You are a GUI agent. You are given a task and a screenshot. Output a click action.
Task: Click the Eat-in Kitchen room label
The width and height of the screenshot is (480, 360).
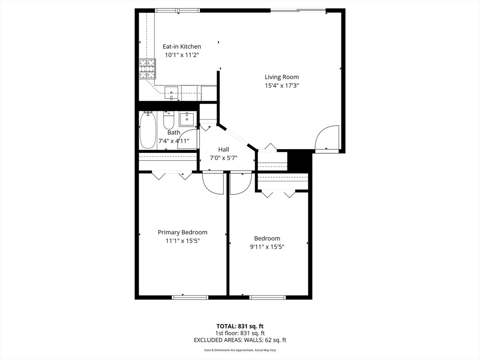click(182, 46)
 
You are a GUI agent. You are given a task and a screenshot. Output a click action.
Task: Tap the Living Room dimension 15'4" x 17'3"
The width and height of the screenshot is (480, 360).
click(282, 85)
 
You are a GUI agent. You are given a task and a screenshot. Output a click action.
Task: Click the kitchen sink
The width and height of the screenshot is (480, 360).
click(172, 93)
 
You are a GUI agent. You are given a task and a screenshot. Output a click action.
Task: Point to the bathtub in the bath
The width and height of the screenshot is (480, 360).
click(147, 130)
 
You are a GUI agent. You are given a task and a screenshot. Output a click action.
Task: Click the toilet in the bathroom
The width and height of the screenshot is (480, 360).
click(169, 121)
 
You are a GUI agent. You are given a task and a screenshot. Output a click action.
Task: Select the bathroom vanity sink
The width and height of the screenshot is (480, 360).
click(187, 119)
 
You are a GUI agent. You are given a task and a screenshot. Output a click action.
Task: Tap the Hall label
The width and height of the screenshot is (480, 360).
click(224, 149)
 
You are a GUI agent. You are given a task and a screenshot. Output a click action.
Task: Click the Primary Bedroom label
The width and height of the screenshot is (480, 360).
click(182, 232)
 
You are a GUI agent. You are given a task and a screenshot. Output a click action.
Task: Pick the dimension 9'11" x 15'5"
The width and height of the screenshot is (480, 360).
click(267, 247)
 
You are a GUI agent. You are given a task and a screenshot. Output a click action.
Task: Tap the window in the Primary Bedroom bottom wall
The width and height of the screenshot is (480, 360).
click(190, 297)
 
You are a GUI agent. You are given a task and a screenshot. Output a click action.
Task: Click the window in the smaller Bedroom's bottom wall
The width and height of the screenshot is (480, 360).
click(268, 297)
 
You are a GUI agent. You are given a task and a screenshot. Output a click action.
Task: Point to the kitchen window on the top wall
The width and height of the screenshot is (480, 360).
click(177, 10)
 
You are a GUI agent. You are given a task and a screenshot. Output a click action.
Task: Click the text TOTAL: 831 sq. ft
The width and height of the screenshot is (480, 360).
click(240, 326)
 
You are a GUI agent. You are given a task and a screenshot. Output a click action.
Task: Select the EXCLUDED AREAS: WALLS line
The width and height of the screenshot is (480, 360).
click(240, 340)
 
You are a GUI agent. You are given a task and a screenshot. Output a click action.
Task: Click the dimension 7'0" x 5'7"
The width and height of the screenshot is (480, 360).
click(224, 158)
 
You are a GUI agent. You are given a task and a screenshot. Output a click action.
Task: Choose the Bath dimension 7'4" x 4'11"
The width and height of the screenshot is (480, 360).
click(174, 141)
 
